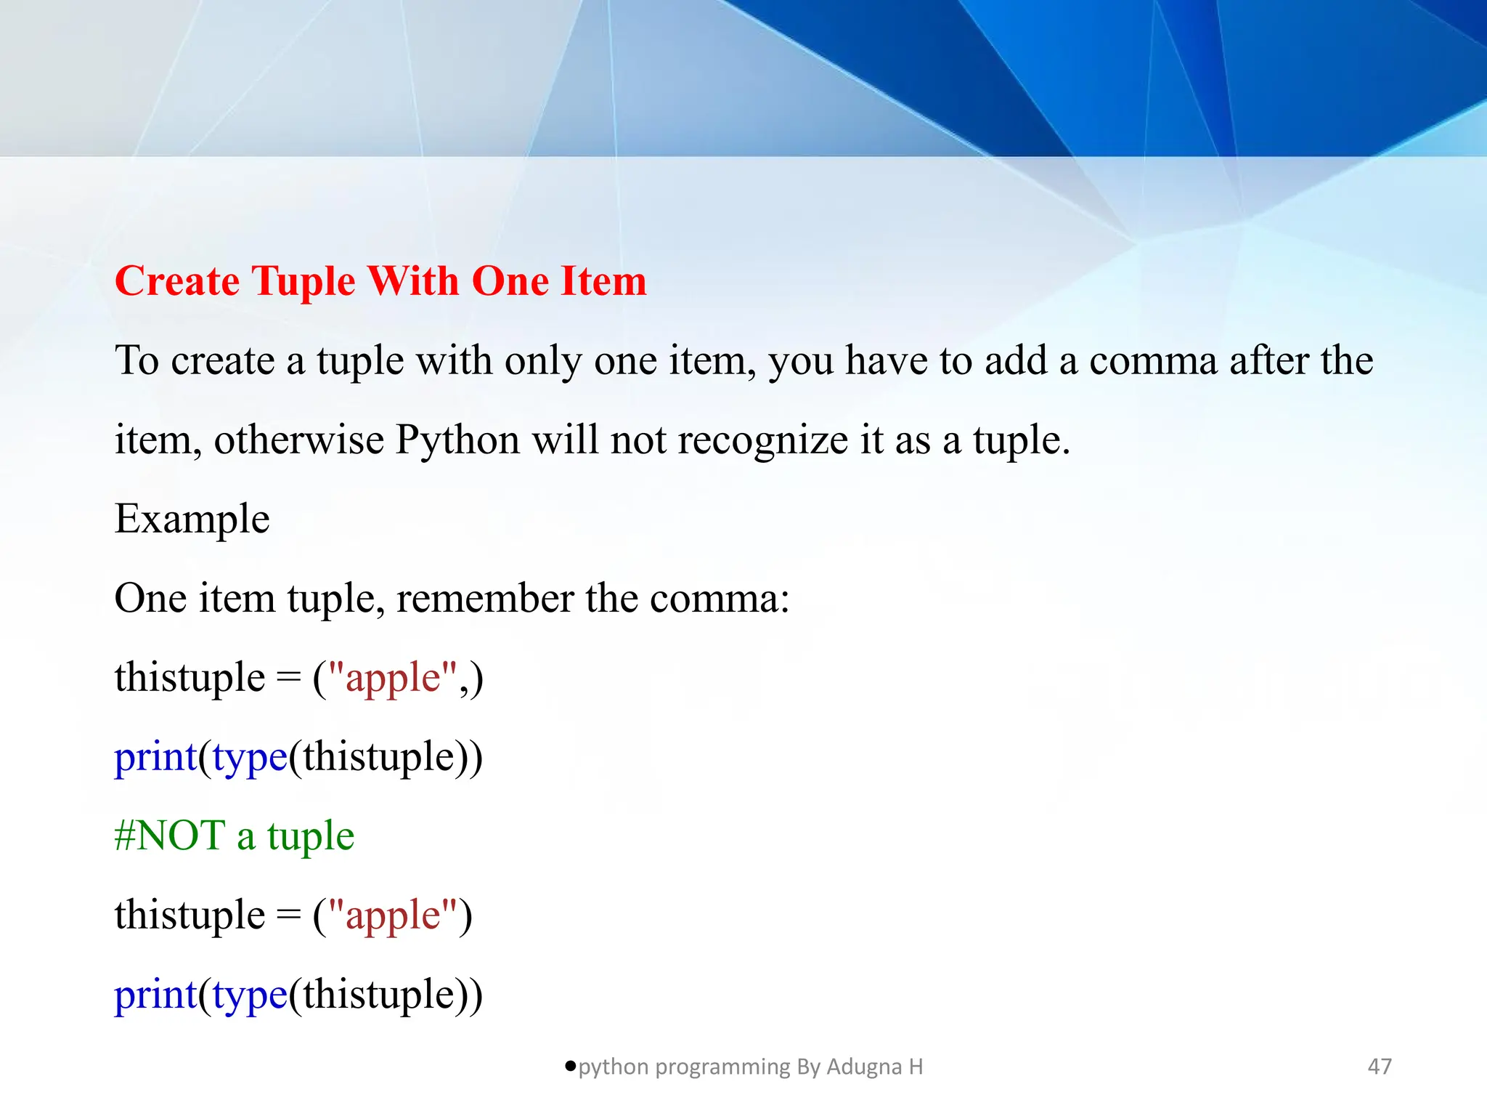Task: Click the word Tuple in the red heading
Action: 303,282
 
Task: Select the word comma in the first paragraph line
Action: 1153,361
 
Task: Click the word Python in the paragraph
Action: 457,440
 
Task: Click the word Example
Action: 192,519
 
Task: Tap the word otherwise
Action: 298,440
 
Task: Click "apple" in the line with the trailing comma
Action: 393,679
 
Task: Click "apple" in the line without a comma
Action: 393,915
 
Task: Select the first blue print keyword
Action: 155,757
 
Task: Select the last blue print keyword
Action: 155,995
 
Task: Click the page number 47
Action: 1380,1067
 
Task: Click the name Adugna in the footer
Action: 863,1067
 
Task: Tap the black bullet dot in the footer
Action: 571,1066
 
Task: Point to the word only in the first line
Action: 543,361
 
